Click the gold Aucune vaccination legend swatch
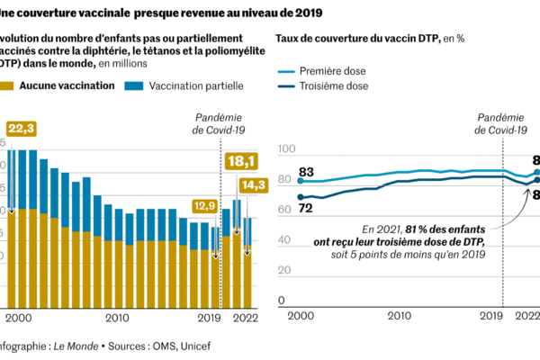tap(8, 85)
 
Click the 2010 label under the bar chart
tap(118, 318)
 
